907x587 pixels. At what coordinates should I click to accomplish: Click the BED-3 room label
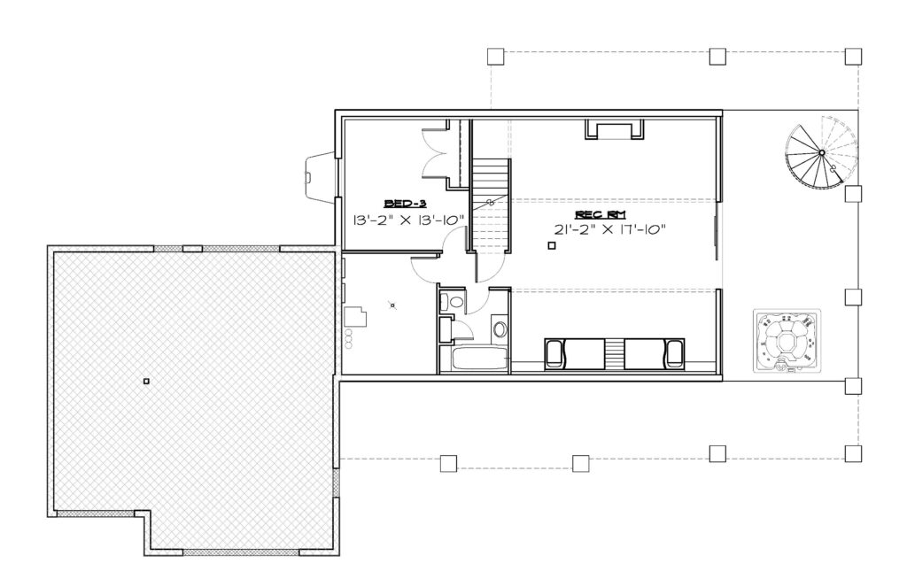[x=406, y=203]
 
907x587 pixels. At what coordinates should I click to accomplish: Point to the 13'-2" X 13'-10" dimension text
[x=409, y=220]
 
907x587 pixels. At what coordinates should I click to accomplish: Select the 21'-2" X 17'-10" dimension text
[x=610, y=229]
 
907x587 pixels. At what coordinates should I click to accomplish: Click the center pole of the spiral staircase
[x=821, y=152]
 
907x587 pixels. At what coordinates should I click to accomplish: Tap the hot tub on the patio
[x=787, y=341]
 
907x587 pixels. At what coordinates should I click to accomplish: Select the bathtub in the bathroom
[x=480, y=359]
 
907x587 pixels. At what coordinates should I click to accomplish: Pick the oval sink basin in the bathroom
[x=500, y=329]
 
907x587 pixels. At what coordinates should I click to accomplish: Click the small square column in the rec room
[x=551, y=245]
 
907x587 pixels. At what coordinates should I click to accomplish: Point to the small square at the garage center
[x=146, y=381]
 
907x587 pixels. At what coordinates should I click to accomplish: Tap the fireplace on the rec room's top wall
[x=615, y=129]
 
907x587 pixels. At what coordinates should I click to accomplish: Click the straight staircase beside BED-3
[x=490, y=205]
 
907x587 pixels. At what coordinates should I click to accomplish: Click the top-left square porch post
[x=495, y=56]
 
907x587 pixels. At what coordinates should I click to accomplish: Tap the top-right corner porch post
[x=853, y=56]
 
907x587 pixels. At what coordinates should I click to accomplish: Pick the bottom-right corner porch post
[x=853, y=452]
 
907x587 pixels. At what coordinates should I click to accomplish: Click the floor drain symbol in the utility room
[x=392, y=305]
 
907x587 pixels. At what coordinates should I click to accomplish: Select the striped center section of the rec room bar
[x=615, y=354]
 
